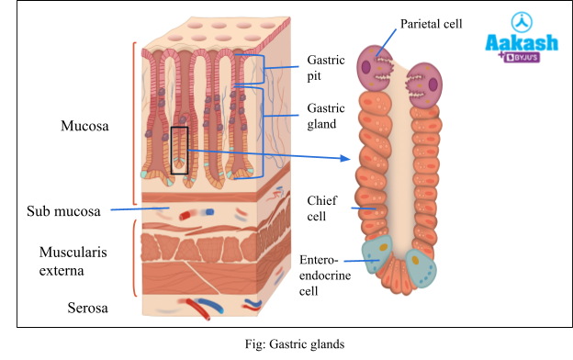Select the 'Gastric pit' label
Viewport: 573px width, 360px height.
point(325,67)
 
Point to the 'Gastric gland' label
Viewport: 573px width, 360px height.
point(326,116)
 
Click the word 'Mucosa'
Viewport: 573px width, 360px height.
point(84,127)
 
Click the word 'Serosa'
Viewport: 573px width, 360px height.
point(87,309)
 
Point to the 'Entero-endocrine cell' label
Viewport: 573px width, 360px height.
point(320,275)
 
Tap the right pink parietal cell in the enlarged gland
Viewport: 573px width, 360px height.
point(425,84)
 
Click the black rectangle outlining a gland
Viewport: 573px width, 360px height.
point(179,150)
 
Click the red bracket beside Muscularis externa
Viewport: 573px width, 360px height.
point(135,258)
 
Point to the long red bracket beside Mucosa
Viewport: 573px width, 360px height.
point(135,122)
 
